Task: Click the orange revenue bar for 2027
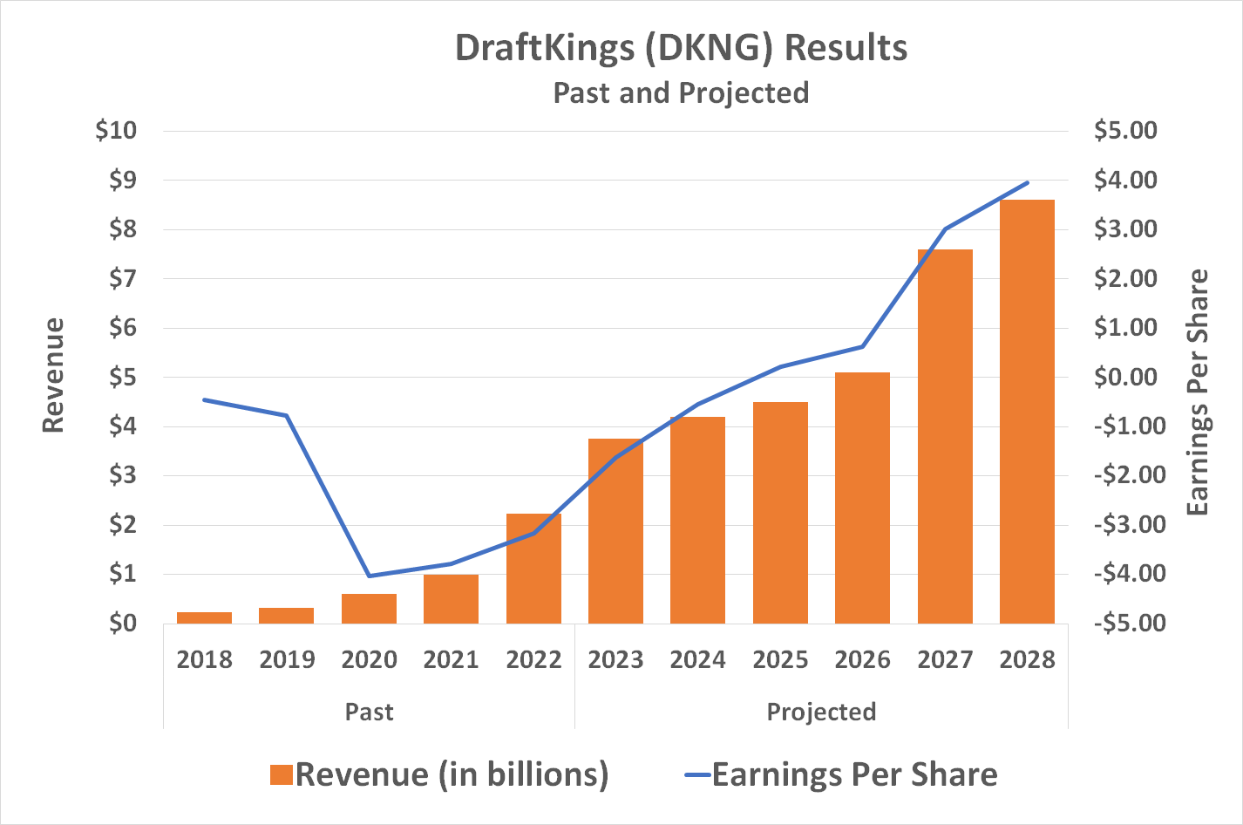(x=945, y=436)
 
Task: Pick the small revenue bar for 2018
(x=204, y=617)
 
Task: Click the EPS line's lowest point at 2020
(x=370, y=576)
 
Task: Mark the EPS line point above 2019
(x=287, y=415)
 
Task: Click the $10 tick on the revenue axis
(x=117, y=131)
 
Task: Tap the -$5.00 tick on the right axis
(x=1125, y=624)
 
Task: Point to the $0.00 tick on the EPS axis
(x=1125, y=378)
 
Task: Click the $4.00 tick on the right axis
(x=1125, y=181)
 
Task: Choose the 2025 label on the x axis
(x=780, y=659)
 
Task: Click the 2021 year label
(x=451, y=659)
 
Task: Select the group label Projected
(x=821, y=712)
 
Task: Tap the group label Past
(x=369, y=712)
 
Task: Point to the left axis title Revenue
(x=54, y=375)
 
